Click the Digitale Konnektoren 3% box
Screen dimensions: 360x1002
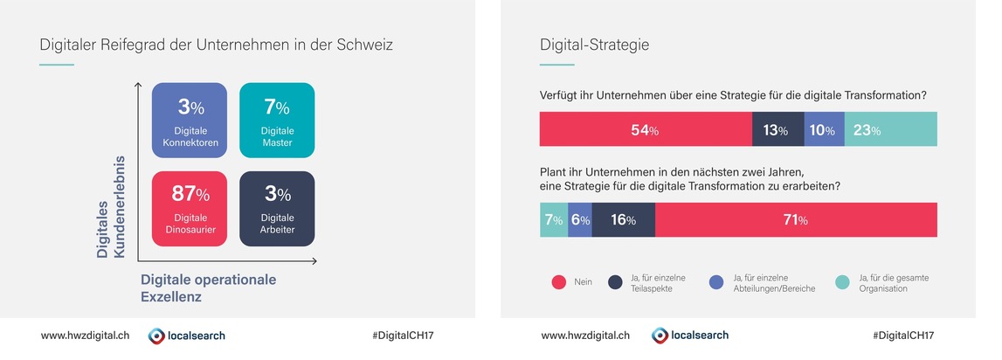click(x=190, y=121)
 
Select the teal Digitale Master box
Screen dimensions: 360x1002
click(x=277, y=121)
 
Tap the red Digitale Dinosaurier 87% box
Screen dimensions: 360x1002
click(x=190, y=208)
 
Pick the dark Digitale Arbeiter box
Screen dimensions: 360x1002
click(x=277, y=208)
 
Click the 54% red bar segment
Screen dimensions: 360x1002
click(x=646, y=130)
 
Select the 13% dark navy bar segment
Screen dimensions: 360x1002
click(x=777, y=130)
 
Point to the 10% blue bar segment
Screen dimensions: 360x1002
click(x=824, y=130)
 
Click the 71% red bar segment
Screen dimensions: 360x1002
click(x=796, y=220)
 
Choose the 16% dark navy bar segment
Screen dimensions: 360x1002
click(x=623, y=220)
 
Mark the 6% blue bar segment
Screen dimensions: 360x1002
click(x=580, y=220)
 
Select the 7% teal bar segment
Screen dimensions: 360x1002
click(x=554, y=220)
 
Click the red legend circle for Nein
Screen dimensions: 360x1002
click(x=560, y=282)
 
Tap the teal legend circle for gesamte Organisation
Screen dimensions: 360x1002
click(x=843, y=282)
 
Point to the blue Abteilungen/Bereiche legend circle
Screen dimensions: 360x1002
click(x=715, y=282)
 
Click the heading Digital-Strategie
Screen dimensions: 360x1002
click(x=594, y=45)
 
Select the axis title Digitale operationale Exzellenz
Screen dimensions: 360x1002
click(x=208, y=287)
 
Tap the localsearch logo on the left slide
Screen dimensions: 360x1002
click(x=186, y=335)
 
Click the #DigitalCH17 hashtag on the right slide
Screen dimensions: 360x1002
click(x=903, y=335)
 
